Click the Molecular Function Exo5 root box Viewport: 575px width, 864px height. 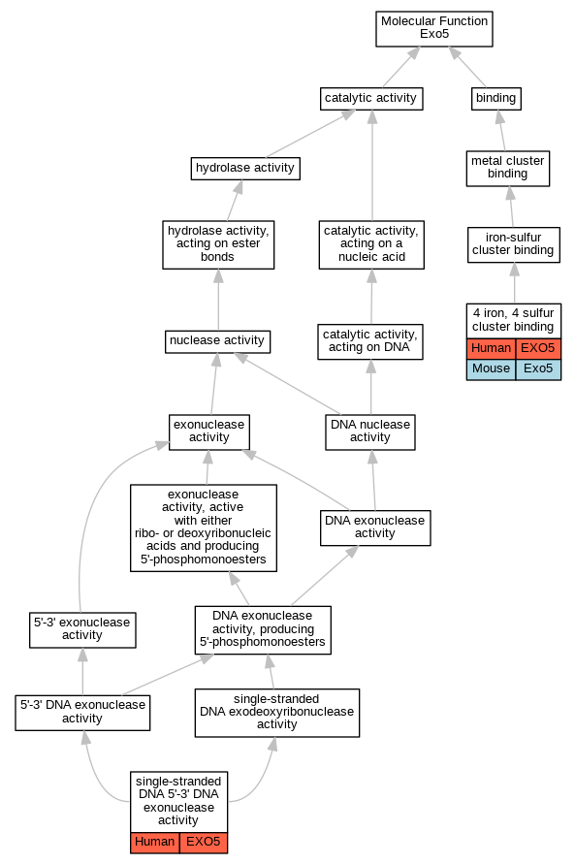[x=434, y=29]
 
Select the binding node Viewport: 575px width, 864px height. [x=496, y=99]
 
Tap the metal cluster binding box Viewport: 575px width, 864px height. [x=508, y=168]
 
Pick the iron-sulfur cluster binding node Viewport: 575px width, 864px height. [x=514, y=244]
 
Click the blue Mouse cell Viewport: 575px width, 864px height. [x=492, y=369]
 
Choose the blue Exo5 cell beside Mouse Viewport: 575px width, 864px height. [x=539, y=369]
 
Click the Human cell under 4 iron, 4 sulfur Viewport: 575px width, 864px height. [x=492, y=349]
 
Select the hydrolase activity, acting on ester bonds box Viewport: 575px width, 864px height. [x=218, y=244]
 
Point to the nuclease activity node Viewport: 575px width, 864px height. [x=217, y=341]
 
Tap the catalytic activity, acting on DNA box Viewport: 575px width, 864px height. [x=370, y=341]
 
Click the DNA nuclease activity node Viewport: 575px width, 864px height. [x=370, y=432]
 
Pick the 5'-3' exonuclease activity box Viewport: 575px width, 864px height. [x=82, y=629]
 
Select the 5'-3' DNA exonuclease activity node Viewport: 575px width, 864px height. [x=82, y=713]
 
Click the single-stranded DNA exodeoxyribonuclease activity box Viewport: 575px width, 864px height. [x=277, y=713]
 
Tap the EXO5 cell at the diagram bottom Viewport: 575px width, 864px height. [x=204, y=843]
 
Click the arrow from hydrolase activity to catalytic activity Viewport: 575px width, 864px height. [x=310, y=134]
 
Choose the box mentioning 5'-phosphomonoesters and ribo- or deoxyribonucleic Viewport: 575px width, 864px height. [x=204, y=528]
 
